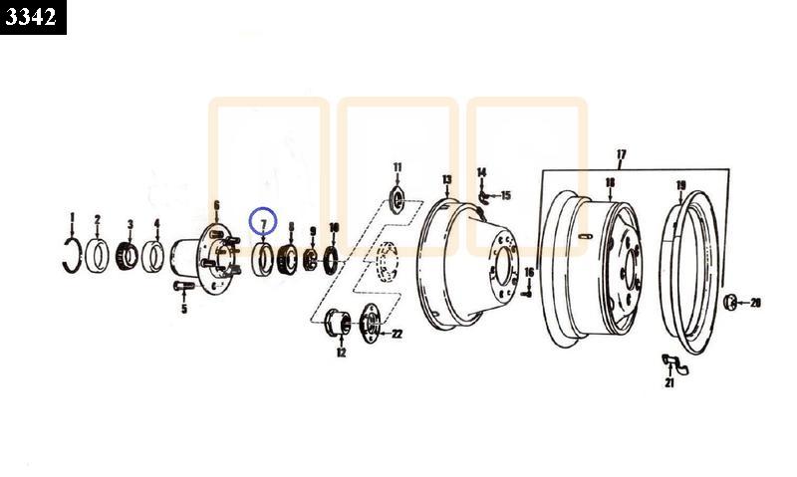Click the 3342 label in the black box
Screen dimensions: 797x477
coord(31,17)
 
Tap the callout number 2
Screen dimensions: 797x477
coord(97,219)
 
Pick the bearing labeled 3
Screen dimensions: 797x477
coord(128,256)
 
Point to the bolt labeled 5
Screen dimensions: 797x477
coord(183,286)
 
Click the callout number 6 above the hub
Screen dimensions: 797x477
coord(216,205)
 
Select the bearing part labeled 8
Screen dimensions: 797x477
coord(287,259)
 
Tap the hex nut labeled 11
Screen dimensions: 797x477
coord(397,199)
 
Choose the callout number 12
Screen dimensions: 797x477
coord(341,353)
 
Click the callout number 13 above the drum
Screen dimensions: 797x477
coord(446,179)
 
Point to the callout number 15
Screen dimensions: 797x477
coord(506,195)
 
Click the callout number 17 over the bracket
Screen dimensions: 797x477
coord(621,154)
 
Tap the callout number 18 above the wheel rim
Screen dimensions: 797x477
coord(610,182)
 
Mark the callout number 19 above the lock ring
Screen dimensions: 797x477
coord(681,185)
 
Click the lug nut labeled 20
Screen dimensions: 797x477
coord(730,303)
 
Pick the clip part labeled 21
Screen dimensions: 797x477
coord(675,363)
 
